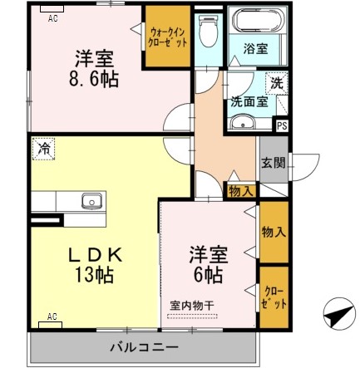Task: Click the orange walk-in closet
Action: [x=168, y=37]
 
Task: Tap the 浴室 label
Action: [x=256, y=49]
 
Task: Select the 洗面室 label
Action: [x=249, y=102]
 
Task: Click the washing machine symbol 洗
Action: [x=276, y=84]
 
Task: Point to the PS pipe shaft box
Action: [x=282, y=126]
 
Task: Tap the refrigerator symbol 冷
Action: [x=42, y=150]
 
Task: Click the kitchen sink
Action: [x=91, y=202]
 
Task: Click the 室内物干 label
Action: [x=193, y=306]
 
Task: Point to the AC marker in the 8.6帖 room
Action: [x=53, y=17]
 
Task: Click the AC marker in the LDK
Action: [x=52, y=316]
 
